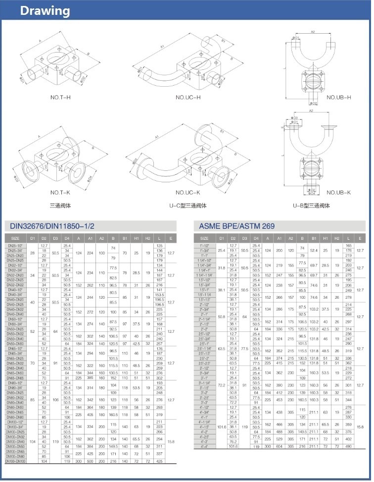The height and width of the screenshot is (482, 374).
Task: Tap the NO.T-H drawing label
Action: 61,97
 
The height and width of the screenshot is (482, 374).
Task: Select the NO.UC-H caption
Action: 188,97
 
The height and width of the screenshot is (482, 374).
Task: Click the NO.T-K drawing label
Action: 61,193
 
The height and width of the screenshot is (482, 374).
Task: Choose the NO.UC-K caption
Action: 188,193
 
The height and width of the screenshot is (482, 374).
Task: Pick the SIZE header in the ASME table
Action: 204,238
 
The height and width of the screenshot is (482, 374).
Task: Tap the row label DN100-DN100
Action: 15,461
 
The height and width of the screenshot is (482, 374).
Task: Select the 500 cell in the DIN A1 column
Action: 90,461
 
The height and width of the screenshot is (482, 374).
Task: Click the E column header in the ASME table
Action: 360,238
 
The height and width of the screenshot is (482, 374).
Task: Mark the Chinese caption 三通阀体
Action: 60,206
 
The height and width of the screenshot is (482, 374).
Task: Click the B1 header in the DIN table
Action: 125,238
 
